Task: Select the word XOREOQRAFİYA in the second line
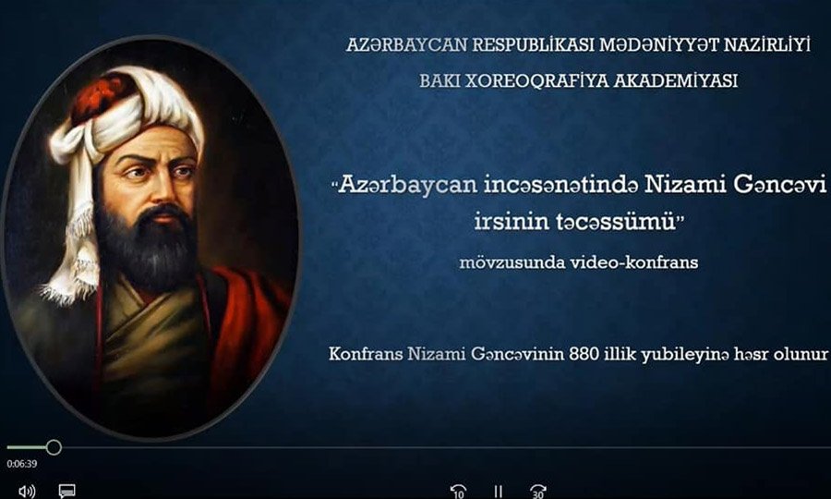(x=536, y=80)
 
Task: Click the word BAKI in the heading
(x=440, y=80)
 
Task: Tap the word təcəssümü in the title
(x=575, y=221)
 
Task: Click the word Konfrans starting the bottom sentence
(x=365, y=354)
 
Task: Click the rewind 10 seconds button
(x=458, y=491)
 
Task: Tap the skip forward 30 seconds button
(x=538, y=491)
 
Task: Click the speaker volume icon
(x=27, y=491)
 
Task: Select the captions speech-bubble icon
(x=66, y=491)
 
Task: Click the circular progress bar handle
(x=54, y=447)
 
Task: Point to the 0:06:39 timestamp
(x=22, y=464)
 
